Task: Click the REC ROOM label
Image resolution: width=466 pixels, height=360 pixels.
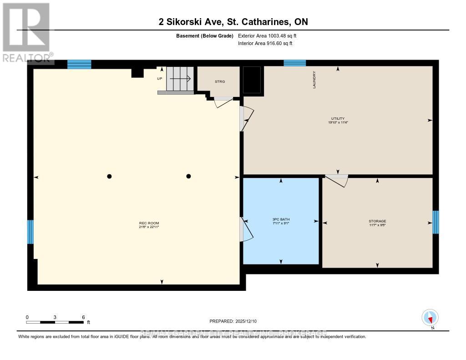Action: point(149,223)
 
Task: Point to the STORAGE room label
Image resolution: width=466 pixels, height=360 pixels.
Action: point(377,221)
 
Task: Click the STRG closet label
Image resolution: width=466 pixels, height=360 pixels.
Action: point(220,81)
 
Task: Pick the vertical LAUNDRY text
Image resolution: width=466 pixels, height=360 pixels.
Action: point(314,80)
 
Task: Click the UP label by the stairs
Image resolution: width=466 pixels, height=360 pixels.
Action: point(159,78)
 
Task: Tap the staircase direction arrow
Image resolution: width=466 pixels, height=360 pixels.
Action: point(181,78)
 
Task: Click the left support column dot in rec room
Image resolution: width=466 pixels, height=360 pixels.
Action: point(109,177)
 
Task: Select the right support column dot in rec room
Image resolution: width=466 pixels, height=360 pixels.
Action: point(188,177)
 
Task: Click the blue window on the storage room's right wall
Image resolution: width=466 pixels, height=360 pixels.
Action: point(436,222)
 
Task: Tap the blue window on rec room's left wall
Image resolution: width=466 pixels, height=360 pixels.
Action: point(30,232)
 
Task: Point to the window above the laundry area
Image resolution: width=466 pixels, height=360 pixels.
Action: point(294,63)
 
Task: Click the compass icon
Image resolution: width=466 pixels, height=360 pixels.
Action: point(430,317)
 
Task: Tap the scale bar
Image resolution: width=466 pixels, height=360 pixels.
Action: point(55,322)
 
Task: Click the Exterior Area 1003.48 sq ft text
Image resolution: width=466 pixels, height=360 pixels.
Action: point(268,35)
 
